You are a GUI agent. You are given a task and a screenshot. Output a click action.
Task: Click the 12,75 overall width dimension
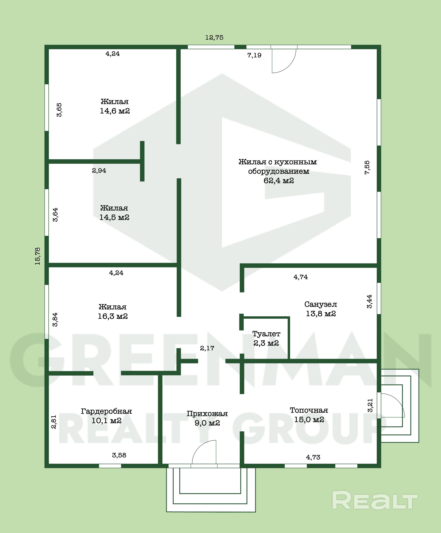[x=214, y=38]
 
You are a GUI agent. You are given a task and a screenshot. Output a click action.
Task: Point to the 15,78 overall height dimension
[x=38, y=256]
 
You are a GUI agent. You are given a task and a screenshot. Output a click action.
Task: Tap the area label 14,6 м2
[x=115, y=111]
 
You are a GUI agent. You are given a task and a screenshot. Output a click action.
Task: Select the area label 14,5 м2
[x=114, y=217]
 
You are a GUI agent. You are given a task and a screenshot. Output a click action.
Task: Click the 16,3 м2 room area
[x=113, y=316]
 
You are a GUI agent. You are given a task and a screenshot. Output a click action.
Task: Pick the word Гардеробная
[x=106, y=411]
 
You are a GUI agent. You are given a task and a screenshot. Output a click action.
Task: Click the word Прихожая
[x=207, y=414]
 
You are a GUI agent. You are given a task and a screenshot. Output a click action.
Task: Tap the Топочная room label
[x=309, y=410]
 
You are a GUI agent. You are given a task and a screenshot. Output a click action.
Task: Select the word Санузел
[x=321, y=304]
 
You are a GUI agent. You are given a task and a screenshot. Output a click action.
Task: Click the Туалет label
[x=266, y=334]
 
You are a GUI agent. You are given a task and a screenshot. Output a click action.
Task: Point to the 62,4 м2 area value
[x=279, y=181]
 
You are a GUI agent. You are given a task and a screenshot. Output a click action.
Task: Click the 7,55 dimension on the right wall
[x=367, y=167]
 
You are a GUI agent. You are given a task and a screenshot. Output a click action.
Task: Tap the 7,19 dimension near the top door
[x=254, y=55]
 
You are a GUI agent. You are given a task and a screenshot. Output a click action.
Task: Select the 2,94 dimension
[x=99, y=171]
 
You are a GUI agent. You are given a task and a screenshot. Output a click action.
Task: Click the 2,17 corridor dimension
[x=207, y=348]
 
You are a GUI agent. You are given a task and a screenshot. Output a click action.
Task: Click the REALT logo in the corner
[x=375, y=500]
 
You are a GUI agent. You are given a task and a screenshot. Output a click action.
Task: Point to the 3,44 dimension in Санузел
[x=369, y=302]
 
